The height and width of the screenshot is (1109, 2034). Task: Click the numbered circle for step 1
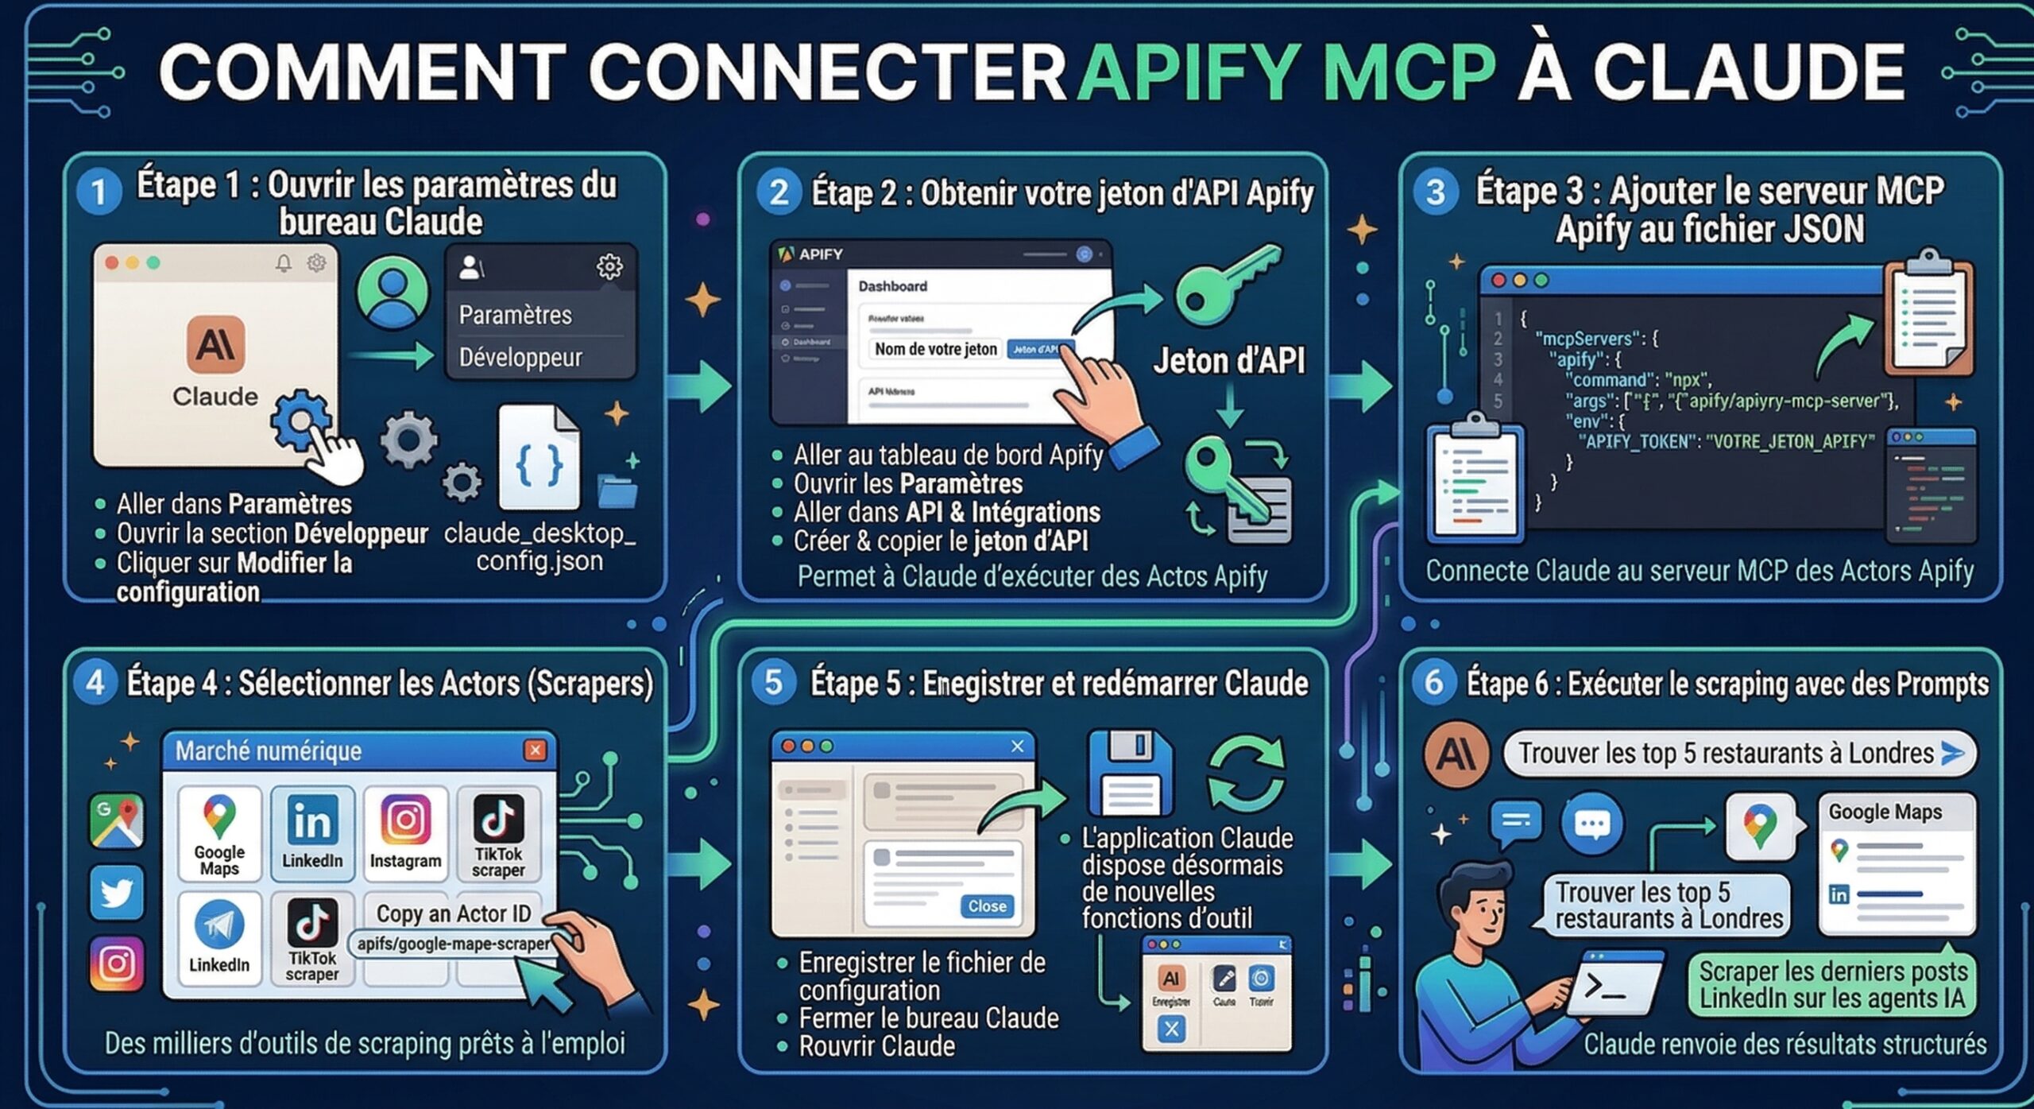[99, 192]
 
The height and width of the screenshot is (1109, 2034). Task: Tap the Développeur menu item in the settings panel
[520, 358]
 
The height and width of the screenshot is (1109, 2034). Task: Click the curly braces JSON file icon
[539, 459]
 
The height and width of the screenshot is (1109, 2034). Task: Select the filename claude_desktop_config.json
[539, 547]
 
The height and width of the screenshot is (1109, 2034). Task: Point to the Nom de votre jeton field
[935, 349]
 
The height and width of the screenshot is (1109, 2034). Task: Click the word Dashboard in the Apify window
[892, 286]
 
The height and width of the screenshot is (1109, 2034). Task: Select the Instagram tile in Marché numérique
[405, 832]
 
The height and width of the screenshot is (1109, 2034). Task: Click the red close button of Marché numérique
[536, 750]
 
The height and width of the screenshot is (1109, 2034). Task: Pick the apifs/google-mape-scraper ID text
[453, 944]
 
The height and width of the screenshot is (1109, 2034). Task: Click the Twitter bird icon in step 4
[117, 892]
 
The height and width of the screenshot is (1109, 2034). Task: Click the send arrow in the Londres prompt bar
[1951, 753]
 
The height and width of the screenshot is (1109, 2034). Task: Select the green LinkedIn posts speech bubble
[1832, 985]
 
